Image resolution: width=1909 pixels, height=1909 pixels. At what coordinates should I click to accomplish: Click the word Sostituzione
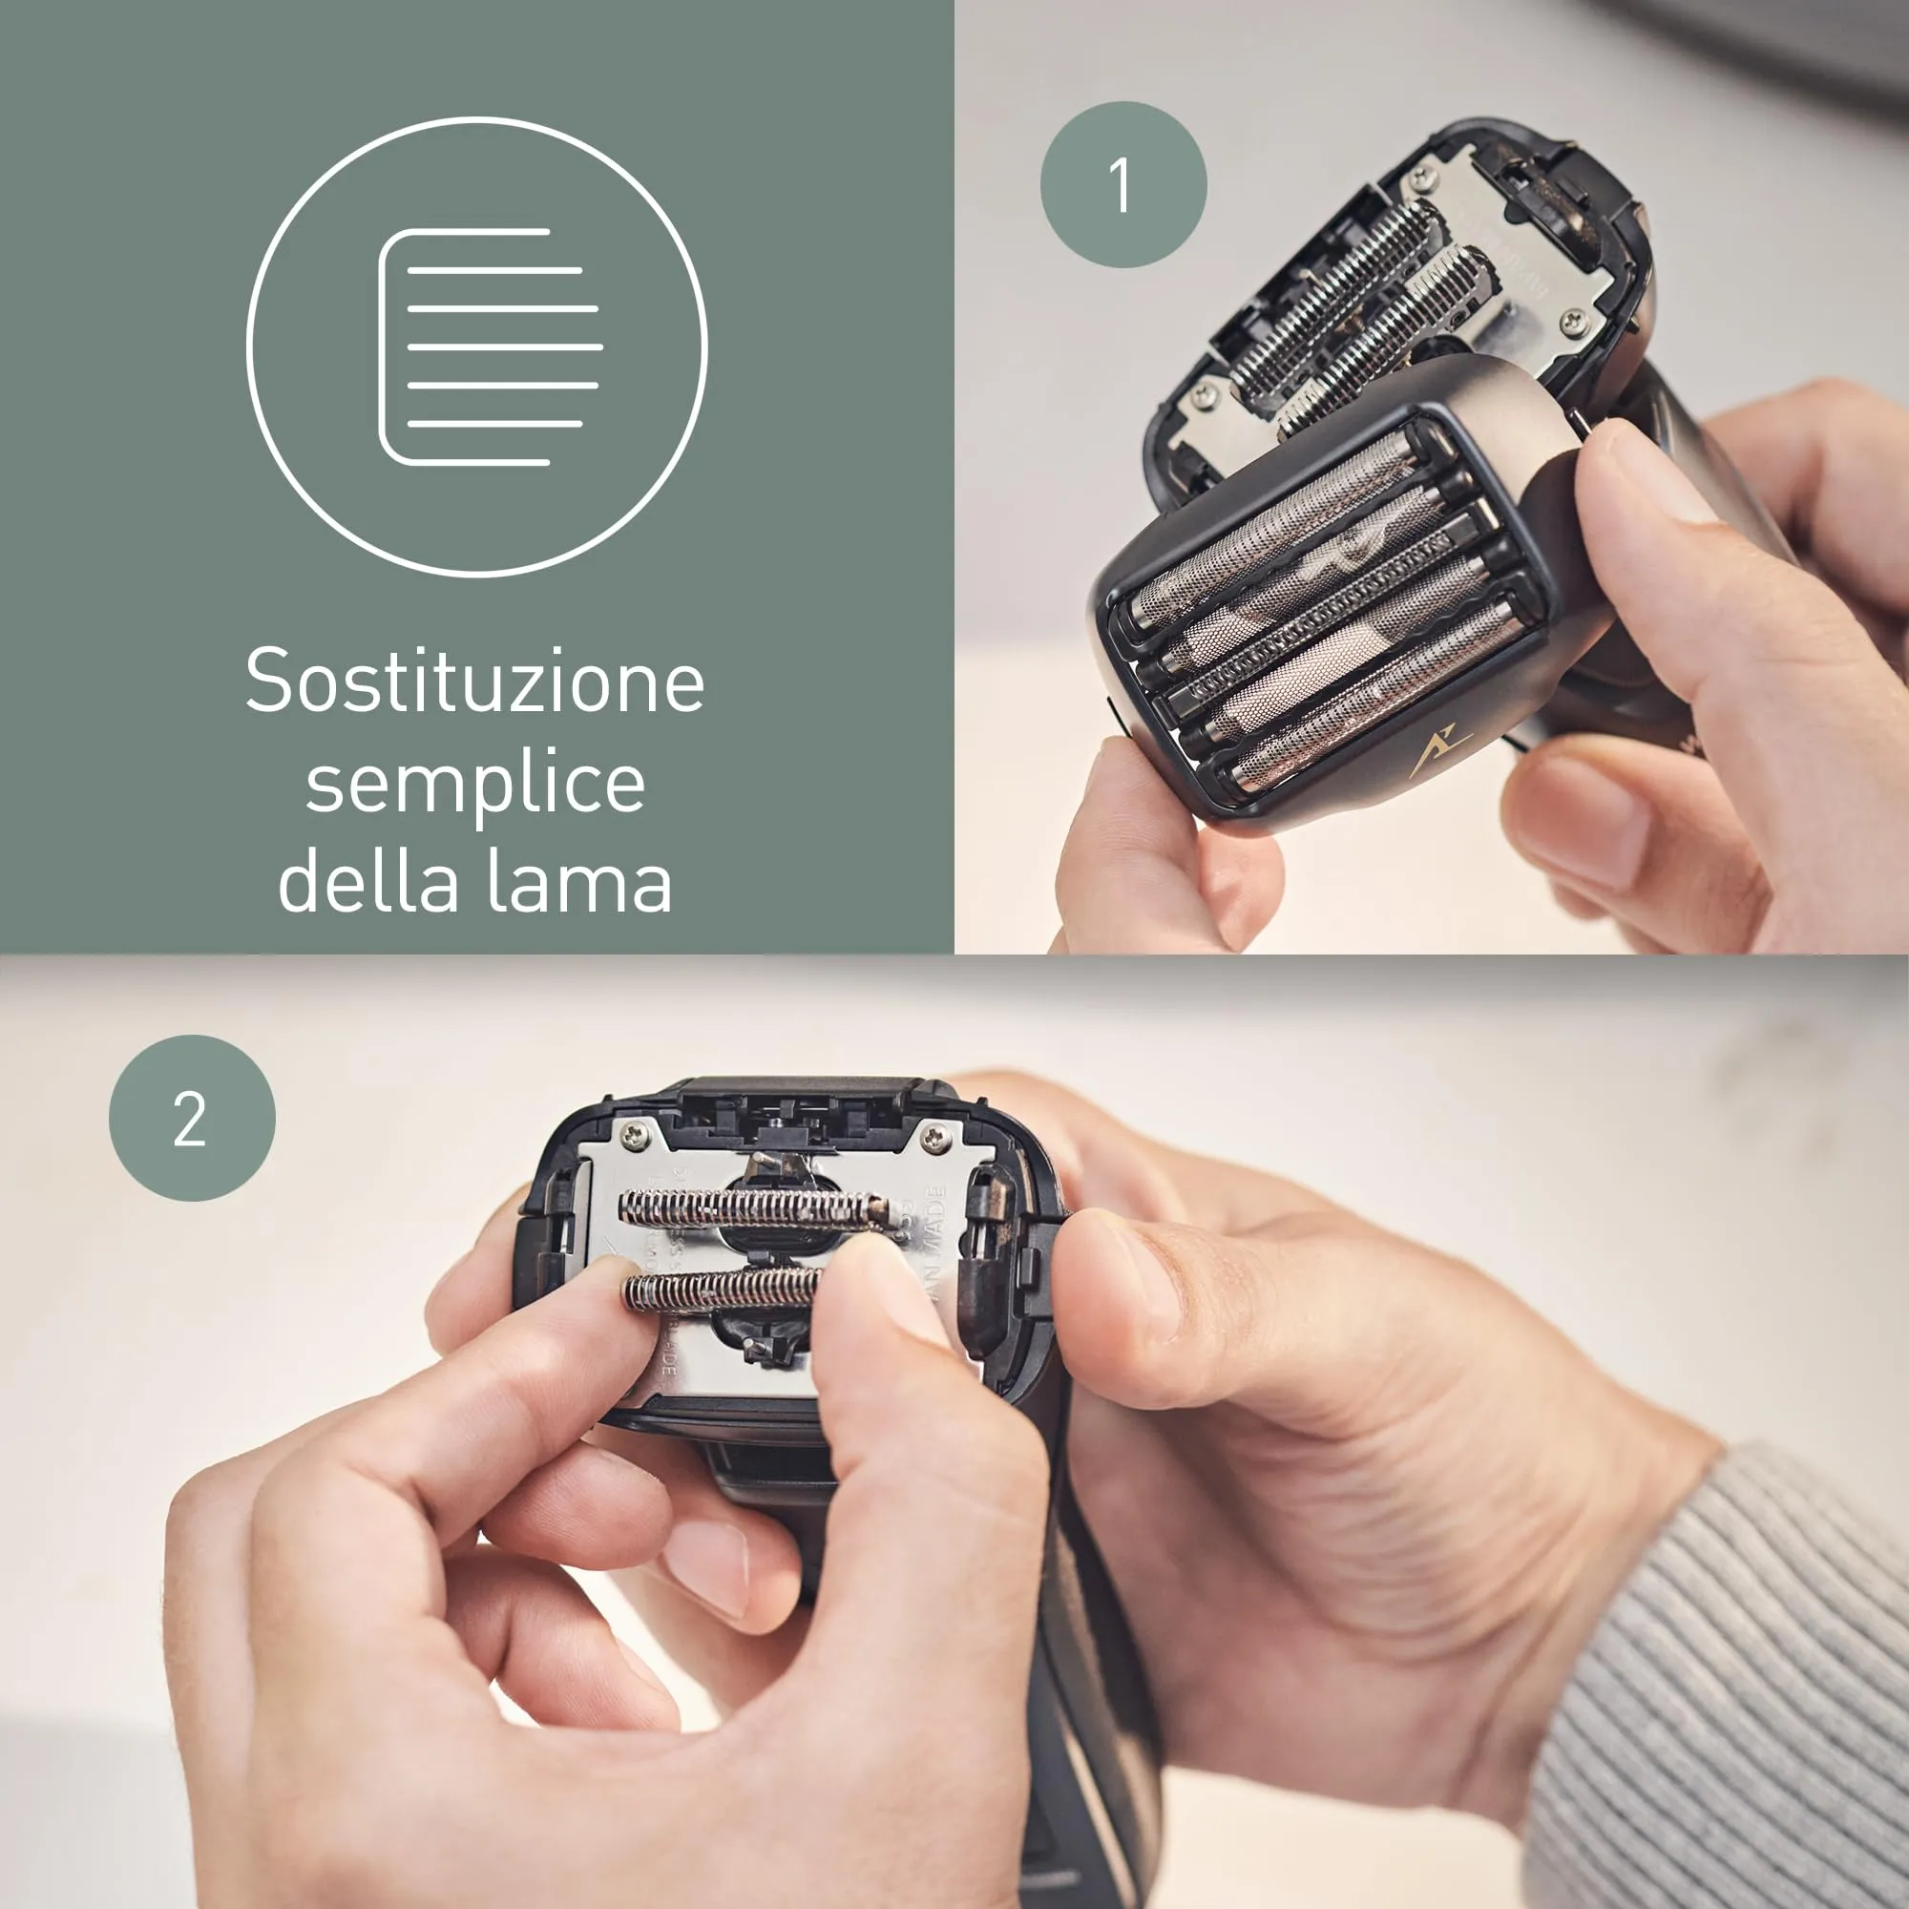point(474,681)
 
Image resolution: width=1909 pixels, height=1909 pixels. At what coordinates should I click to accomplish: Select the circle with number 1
point(1123,185)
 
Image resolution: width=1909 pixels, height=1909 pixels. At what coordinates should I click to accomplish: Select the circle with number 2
point(192,1119)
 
